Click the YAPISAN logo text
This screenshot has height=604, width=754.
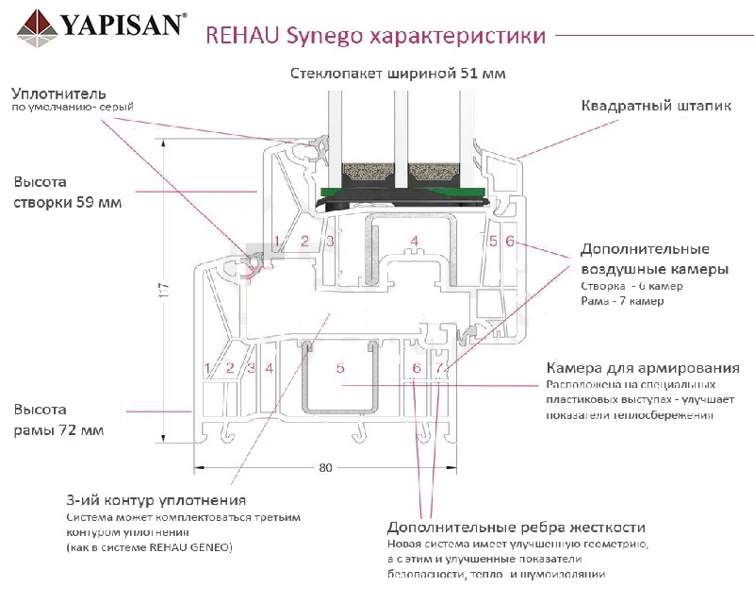(x=122, y=24)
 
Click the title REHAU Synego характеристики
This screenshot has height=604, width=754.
(x=374, y=37)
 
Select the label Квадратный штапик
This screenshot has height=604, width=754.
(x=656, y=106)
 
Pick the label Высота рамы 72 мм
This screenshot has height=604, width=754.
(x=58, y=420)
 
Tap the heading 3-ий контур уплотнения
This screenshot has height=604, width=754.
(x=156, y=500)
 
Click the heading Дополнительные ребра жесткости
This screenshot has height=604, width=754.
(x=516, y=528)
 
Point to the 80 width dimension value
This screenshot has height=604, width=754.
(x=325, y=467)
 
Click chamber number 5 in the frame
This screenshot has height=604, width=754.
(x=340, y=367)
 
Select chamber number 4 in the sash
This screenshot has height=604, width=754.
(x=414, y=242)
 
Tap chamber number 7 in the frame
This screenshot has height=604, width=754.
(x=439, y=366)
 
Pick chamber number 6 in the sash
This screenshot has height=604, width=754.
(x=510, y=242)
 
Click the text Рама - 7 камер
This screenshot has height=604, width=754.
(x=622, y=301)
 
